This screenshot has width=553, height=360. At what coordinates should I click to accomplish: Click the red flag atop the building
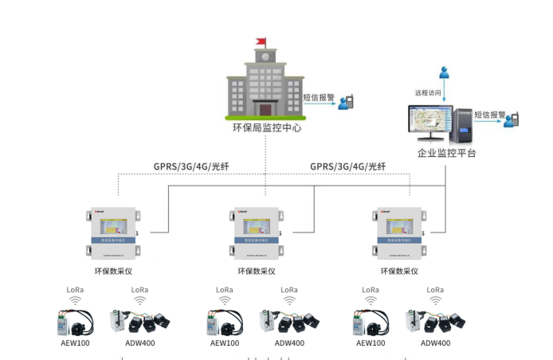tap(259, 41)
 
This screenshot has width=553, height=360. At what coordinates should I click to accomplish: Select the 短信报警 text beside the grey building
tap(319, 98)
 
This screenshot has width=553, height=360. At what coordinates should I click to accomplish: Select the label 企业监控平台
tap(446, 152)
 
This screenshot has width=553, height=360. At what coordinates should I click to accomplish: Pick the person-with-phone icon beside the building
tap(346, 103)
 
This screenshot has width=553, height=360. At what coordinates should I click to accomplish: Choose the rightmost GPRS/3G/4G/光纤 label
tap(347, 166)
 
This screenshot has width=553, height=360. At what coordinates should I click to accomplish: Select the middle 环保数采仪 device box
tap(254, 233)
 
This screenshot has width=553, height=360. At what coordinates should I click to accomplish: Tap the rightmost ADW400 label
tap(435, 343)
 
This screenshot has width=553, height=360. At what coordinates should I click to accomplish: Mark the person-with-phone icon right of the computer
tap(515, 119)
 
